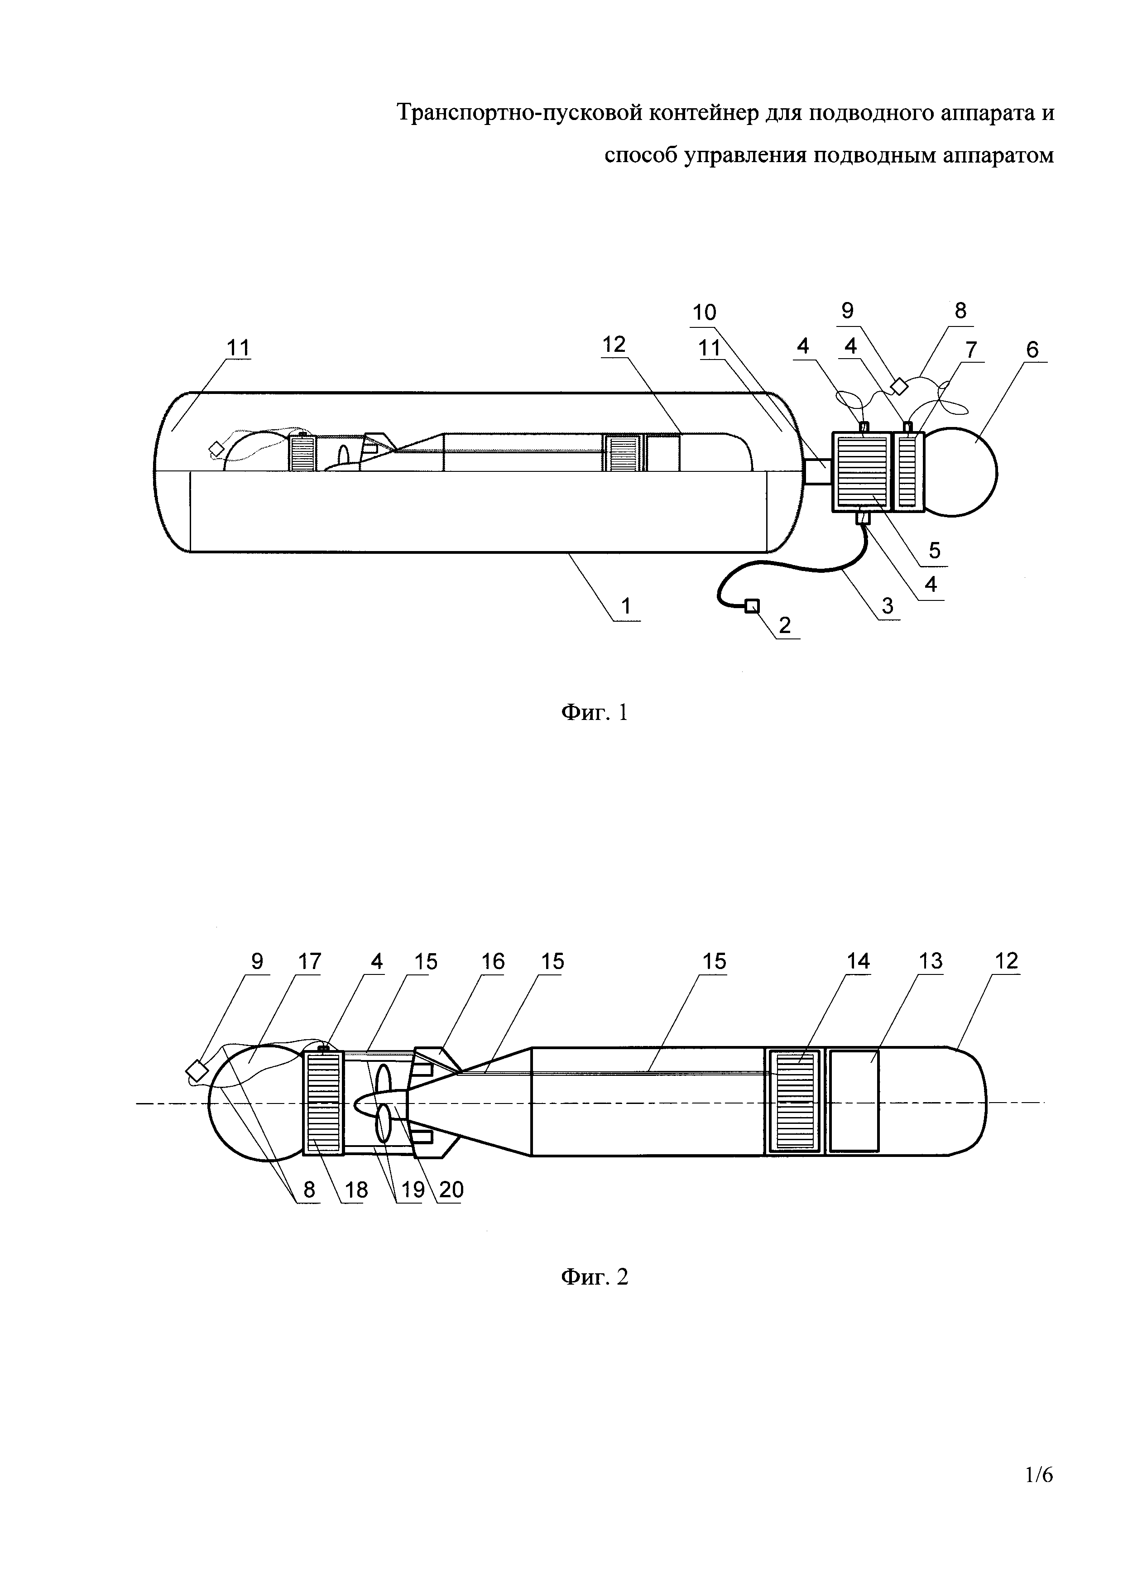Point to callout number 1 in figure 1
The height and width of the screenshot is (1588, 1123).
coord(626,607)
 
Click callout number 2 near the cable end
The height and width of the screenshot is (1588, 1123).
coord(785,625)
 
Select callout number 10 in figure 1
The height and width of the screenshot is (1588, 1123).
coord(705,312)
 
